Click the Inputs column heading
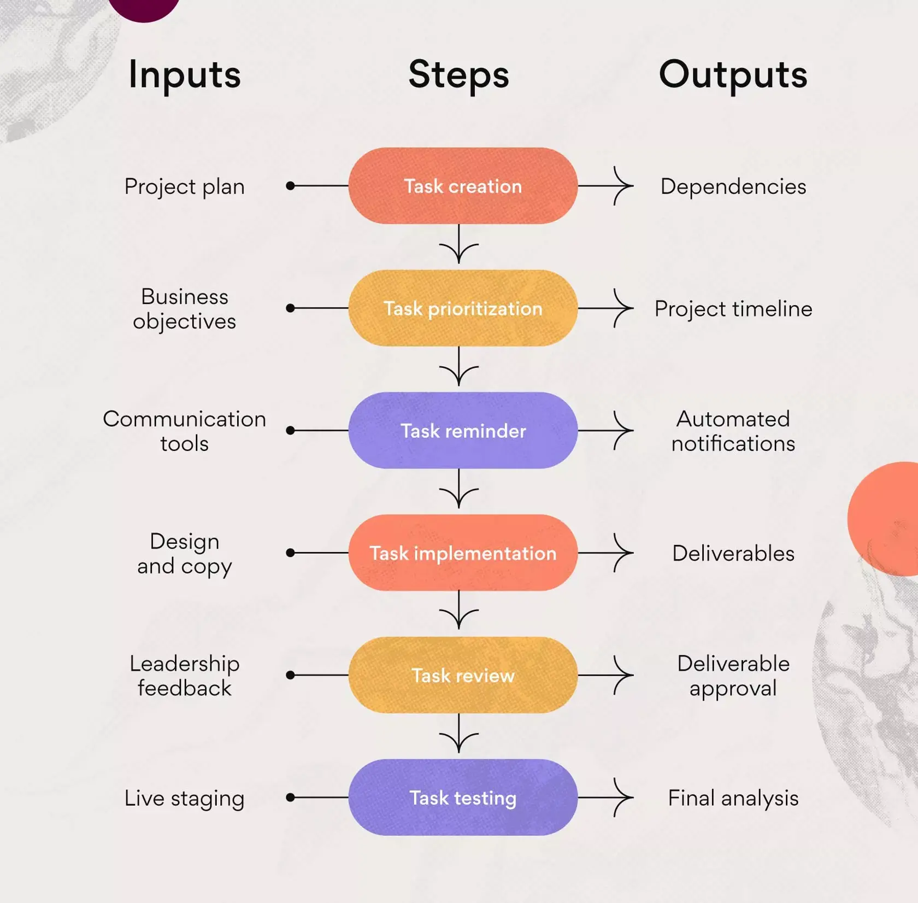(185, 75)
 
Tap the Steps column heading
(458, 75)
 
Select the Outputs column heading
(733, 75)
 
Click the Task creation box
(463, 186)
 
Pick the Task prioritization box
(463, 308)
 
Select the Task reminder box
(463, 431)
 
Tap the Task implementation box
(463, 553)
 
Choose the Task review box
(463, 675)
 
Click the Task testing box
(463, 798)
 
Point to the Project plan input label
(185, 187)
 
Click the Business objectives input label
(185, 309)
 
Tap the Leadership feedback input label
(185, 676)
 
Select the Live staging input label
(185, 798)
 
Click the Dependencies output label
(733, 187)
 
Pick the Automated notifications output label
(733, 431)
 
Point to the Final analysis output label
(733, 798)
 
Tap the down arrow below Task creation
(458, 245)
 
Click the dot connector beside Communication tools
(291, 431)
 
